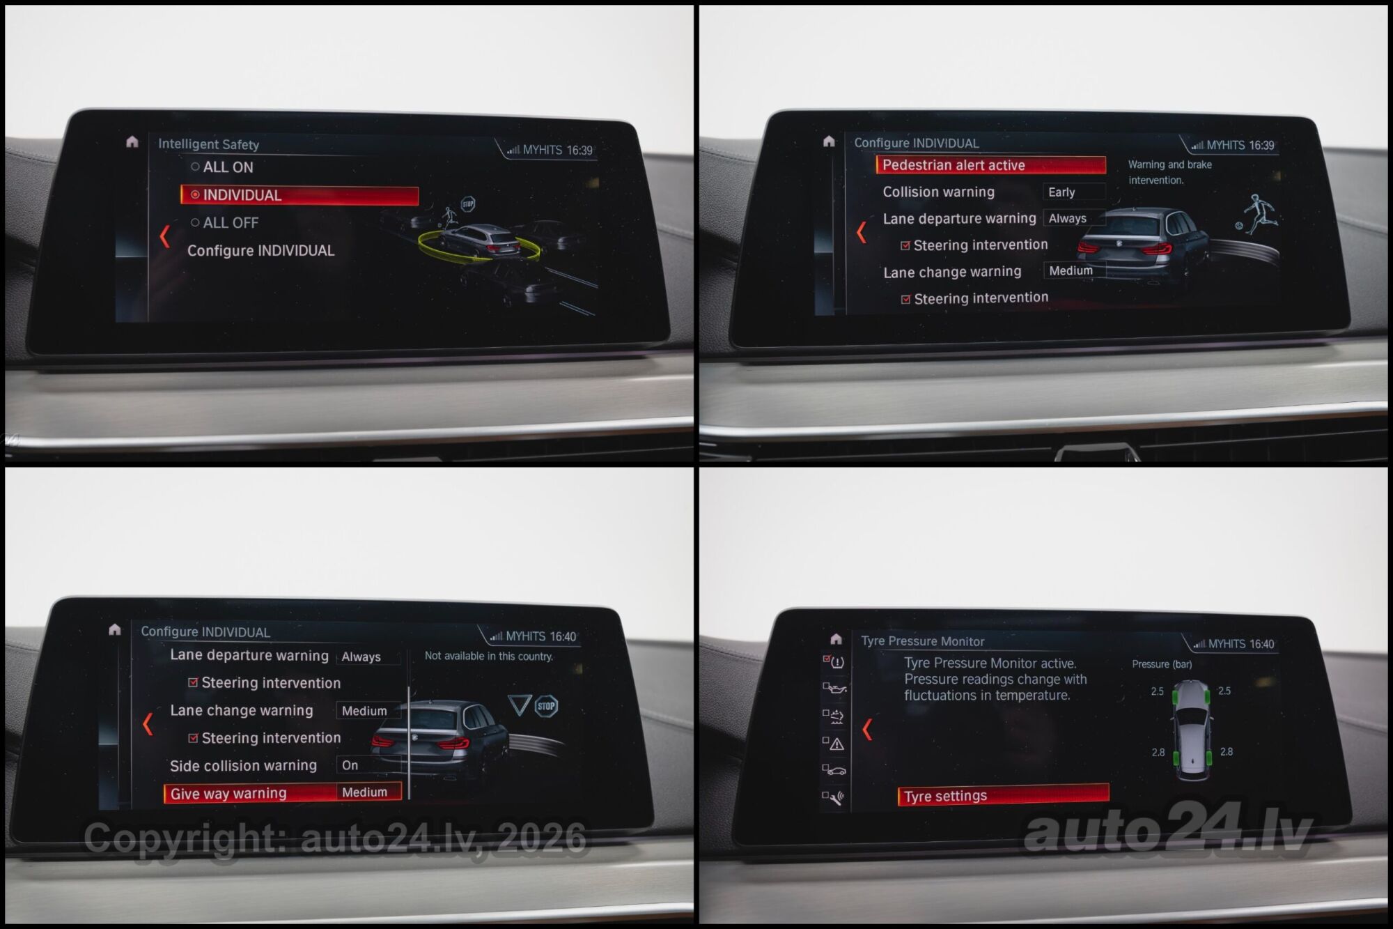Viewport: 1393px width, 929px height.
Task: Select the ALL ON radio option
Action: coord(222,167)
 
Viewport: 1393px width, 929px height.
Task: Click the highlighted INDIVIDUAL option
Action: coord(299,195)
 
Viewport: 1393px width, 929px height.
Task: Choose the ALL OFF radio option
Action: coord(224,223)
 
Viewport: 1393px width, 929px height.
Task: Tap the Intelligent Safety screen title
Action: coord(208,144)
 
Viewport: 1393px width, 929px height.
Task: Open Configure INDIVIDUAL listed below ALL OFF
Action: coord(260,250)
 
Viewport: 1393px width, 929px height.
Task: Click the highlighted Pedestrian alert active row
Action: coord(990,165)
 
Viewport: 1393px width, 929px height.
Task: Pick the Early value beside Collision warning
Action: coord(1061,192)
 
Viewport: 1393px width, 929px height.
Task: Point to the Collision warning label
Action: coord(938,192)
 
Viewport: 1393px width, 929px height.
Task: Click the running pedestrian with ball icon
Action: coord(1258,215)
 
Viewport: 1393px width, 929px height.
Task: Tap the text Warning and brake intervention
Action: coord(1170,172)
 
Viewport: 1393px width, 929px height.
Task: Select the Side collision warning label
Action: coord(243,766)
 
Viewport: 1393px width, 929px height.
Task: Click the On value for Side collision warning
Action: coord(350,765)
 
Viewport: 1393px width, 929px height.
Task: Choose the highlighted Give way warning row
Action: coord(282,793)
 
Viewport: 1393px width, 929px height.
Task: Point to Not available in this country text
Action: coord(488,657)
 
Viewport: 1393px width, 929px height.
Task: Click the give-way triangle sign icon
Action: coord(520,705)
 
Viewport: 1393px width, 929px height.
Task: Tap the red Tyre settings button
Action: coord(1003,795)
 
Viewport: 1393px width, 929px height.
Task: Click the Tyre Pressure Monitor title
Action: coord(922,641)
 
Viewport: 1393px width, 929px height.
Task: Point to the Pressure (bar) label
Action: coord(1162,664)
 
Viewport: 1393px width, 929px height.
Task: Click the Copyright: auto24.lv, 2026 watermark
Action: coord(335,838)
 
